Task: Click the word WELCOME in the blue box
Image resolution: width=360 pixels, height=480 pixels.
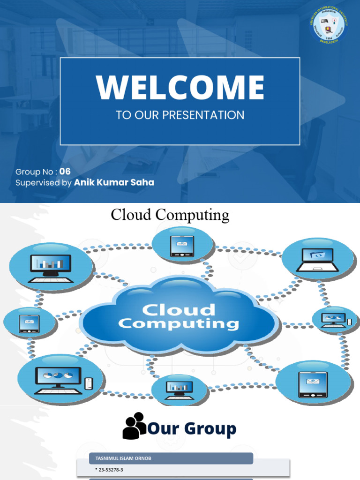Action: click(x=180, y=87)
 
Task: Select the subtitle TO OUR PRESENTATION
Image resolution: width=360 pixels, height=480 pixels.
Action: click(x=180, y=115)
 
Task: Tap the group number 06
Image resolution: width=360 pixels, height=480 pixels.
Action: click(x=65, y=172)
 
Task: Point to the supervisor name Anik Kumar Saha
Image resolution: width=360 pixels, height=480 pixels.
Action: click(x=114, y=183)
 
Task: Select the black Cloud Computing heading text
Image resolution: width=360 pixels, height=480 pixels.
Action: click(x=170, y=215)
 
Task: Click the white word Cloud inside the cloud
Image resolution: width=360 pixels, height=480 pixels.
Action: click(x=179, y=309)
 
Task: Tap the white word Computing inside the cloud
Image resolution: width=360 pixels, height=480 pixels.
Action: click(x=179, y=323)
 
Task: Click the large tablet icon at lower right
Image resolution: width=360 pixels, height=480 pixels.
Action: click(x=313, y=384)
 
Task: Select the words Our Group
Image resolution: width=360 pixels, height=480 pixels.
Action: click(x=192, y=428)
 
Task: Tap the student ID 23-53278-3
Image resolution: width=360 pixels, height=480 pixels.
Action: click(x=109, y=469)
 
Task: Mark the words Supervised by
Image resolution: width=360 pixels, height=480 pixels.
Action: click(x=44, y=183)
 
